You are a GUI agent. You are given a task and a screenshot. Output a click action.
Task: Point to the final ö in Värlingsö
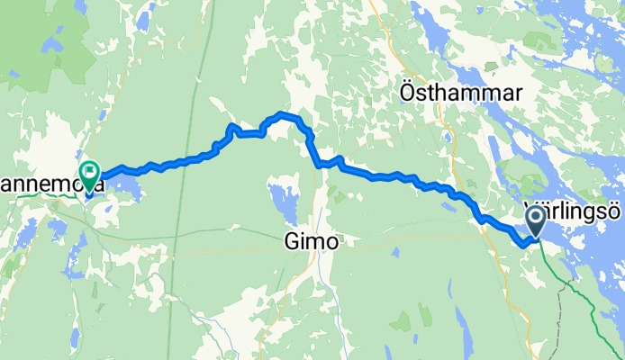pos(614,211)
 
